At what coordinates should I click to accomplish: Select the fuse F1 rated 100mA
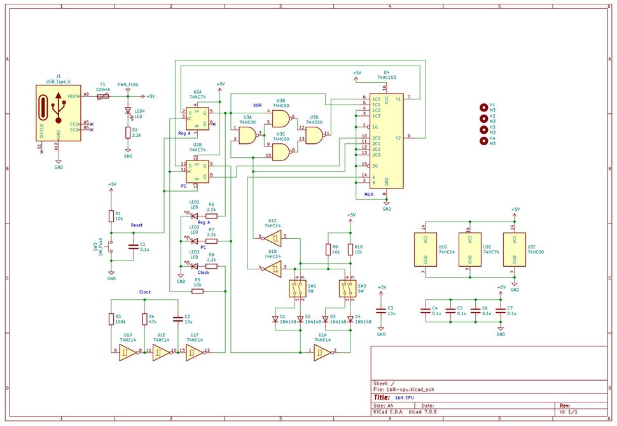click(x=102, y=96)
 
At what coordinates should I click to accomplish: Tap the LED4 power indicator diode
click(x=128, y=110)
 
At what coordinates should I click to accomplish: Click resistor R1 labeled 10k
click(x=112, y=216)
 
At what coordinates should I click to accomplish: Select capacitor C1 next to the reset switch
click(x=133, y=246)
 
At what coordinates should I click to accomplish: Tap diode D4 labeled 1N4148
click(x=350, y=318)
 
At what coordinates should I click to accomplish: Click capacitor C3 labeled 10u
click(x=381, y=311)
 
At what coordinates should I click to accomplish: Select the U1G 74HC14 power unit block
click(x=426, y=249)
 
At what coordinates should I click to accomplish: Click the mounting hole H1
click(x=483, y=107)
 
